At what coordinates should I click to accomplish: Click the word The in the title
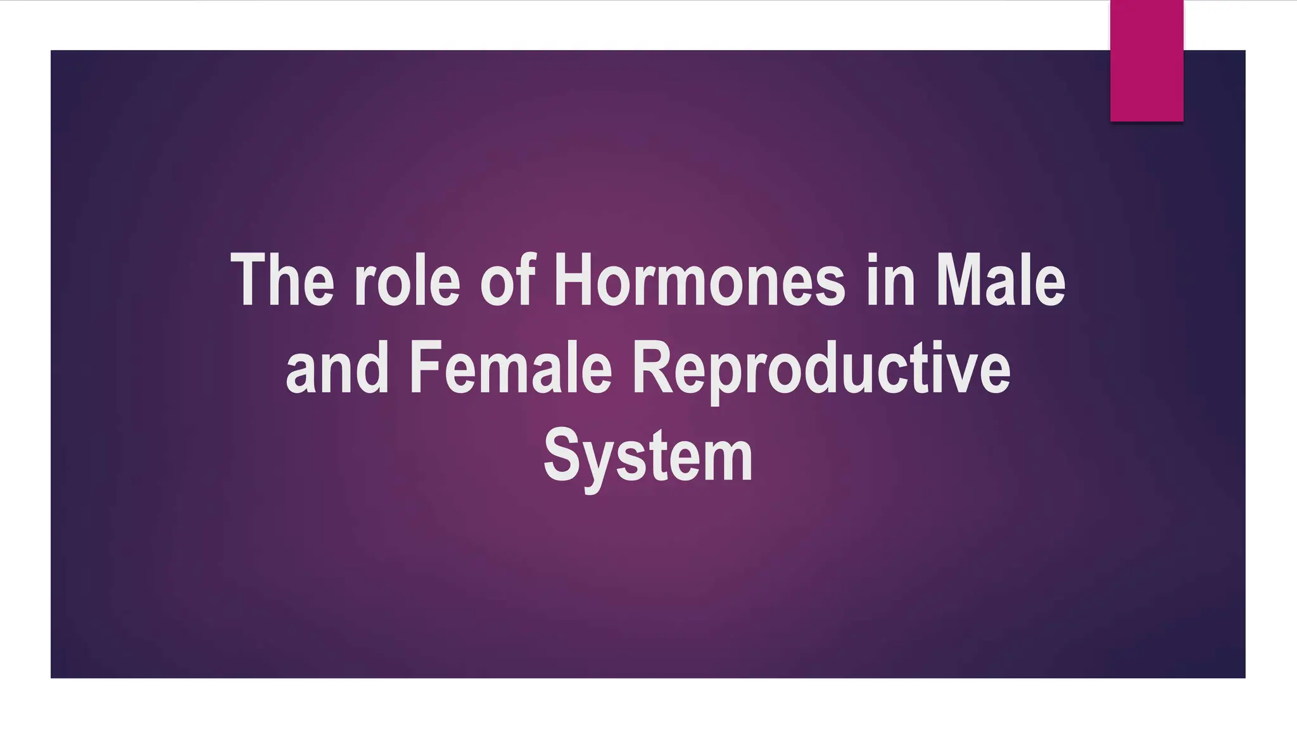(282, 280)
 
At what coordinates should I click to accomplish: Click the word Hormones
(699, 280)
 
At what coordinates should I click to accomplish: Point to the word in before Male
(890, 280)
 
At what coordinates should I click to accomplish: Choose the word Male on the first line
(1001, 280)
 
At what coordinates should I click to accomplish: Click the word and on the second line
(337, 368)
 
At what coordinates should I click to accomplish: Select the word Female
(510, 368)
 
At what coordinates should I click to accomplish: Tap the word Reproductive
(821, 368)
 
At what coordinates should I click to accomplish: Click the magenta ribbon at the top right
(1146, 60)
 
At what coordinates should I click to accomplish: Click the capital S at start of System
(561, 456)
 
